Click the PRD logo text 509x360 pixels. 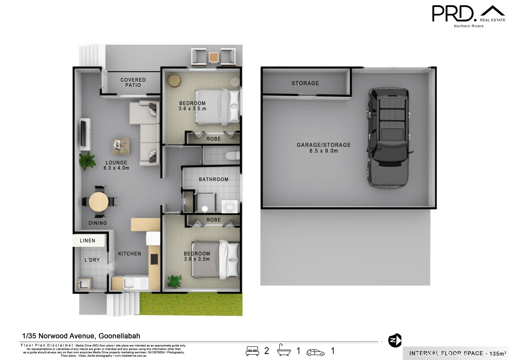[x=453, y=14]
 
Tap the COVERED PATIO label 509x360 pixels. [x=133, y=83]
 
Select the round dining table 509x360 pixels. [x=99, y=202]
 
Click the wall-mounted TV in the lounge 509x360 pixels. [x=84, y=133]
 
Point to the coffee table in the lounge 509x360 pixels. [x=121, y=146]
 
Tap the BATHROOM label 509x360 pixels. [x=214, y=180]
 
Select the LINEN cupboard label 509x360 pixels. [x=87, y=241]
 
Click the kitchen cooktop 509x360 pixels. [x=154, y=259]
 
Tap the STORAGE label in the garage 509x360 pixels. [x=305, y=83]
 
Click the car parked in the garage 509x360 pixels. [x=389, y=138]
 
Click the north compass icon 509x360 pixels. [x=395, y=340]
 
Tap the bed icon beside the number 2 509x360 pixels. [x=252, y=351]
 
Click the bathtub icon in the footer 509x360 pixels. [x=284, y=350]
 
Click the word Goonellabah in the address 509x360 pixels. [x=119, y=336]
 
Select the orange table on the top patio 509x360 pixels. [x=214, y=57]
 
